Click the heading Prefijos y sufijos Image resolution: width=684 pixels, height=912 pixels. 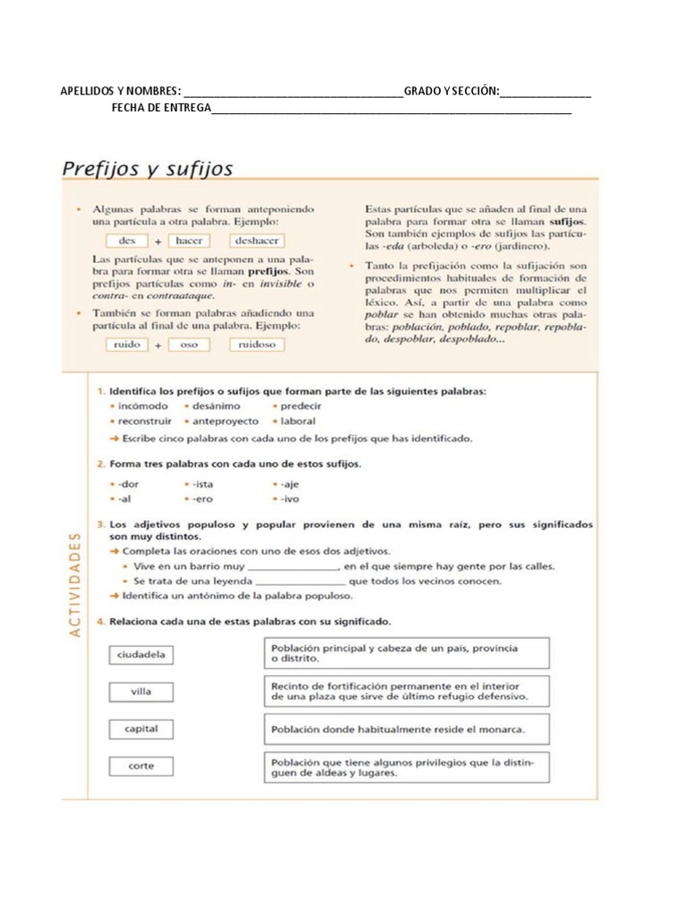click(147, 168)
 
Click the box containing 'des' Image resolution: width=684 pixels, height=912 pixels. click(126, 240)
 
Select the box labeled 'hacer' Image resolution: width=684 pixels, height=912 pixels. click(189, 240)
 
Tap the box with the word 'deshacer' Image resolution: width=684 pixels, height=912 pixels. click(256, 240)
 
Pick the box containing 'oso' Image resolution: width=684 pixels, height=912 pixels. click(189, 345)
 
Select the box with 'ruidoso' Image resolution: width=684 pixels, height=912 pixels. click(256, 345)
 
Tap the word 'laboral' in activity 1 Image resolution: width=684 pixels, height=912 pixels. click(297, 420)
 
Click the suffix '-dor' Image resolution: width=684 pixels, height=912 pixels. click(128, 484)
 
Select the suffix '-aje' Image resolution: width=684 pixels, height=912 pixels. click(290, 484)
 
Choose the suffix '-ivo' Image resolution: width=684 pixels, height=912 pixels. click(290, 499)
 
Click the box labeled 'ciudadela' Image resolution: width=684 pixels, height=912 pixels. click(142, 655)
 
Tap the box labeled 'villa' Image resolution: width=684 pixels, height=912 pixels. click(142, 691)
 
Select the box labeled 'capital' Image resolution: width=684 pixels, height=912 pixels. click(142, 729)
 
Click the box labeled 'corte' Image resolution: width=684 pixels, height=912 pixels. click(142, 766)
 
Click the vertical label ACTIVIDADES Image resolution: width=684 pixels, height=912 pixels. click(75, 583)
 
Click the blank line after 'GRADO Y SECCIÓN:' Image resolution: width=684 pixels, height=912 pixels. click(545, 92)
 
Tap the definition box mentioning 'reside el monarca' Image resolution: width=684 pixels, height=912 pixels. click(406, 729)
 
